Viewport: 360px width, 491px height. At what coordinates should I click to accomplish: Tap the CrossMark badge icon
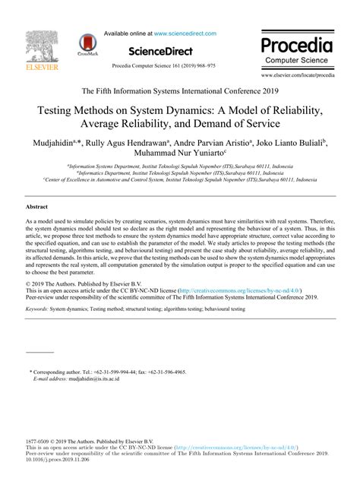click(x=87, y=46)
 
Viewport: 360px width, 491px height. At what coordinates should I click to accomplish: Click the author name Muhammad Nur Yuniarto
click(x=178, y=154)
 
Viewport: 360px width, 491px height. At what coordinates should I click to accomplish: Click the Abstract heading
click(x=36, y=205)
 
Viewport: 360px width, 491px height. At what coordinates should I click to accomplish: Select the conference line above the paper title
click(x=180, y=88)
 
